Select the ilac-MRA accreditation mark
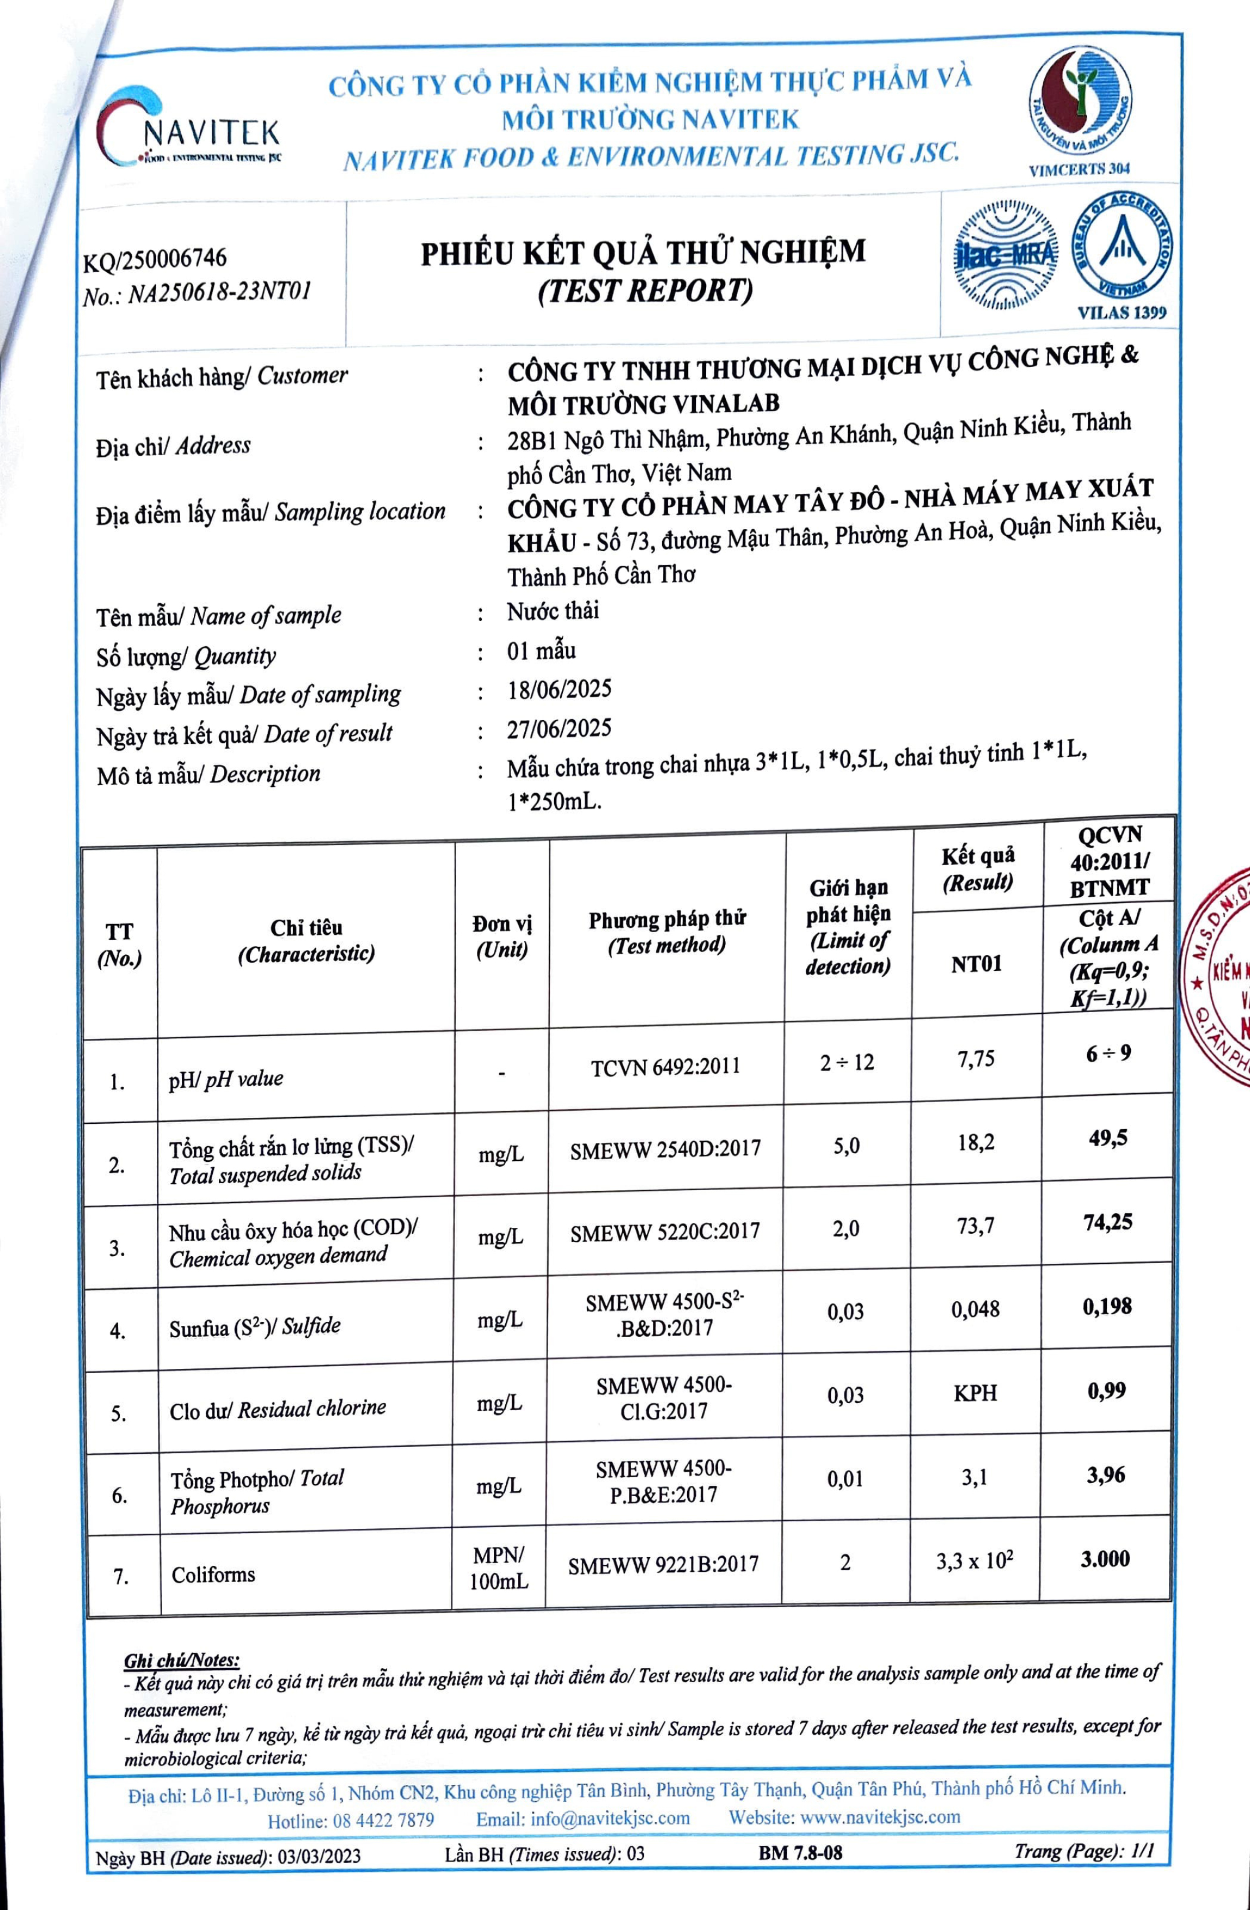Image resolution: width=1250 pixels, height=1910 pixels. (x=1006, y=255)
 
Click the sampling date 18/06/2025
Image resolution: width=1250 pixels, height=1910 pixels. (x=559, y=689)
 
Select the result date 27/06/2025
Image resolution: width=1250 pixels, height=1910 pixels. (x=559, y=729)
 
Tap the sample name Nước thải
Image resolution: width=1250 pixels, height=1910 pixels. (x=553, y=611)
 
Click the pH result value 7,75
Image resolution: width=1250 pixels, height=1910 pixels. (x=976, y=1060)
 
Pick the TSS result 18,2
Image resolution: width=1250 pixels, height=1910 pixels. (x=976, y=1142)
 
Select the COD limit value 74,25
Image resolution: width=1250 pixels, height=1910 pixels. (x=1107, y=1222)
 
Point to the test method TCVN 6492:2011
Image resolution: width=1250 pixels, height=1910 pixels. (x=665, y=1067)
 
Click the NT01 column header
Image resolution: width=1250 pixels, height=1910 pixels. (x=976, y=964)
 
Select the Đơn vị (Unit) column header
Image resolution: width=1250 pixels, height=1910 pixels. (x=501, y=936)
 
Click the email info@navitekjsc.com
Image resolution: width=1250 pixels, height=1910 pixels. (x=583, y=1819)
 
